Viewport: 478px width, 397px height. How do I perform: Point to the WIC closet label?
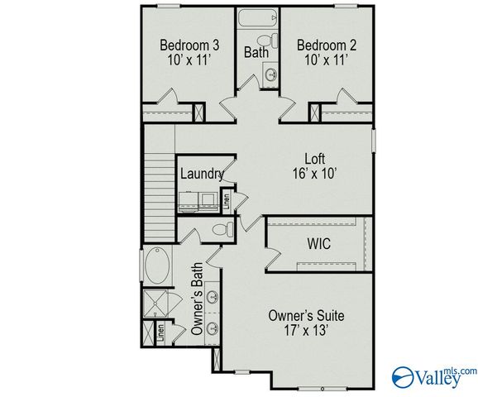(x=319, y=246)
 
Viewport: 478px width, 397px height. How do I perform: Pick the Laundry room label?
(x=201, y=174)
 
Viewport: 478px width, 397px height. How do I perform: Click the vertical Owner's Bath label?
(x=198, y=299)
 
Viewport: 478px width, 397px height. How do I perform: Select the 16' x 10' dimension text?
(x=313, y=174)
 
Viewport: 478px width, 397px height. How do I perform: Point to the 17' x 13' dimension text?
(x=306, y=330)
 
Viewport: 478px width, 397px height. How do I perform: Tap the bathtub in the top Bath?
(x=259, y=18)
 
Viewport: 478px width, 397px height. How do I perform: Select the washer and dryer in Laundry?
(x=200, y=198)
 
